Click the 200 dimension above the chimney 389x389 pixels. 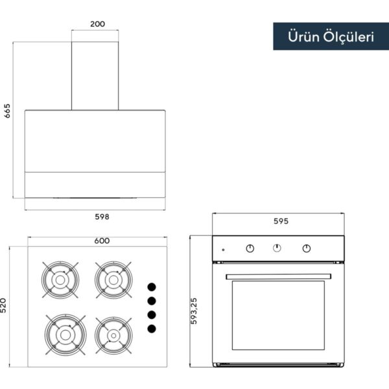tap(97, 24)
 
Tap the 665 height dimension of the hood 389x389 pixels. tap(7, 111)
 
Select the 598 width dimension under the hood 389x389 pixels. tap(102, 217)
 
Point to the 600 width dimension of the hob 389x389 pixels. tap(102, 241)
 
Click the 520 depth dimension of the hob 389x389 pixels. tap(3, 305)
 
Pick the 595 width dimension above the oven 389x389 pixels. tap(281, 221)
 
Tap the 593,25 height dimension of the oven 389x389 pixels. tap(194, 311)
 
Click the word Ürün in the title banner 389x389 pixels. tap(303, 37)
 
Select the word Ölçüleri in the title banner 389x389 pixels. tap(349, 37)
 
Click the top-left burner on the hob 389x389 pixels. tap(60, 280)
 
